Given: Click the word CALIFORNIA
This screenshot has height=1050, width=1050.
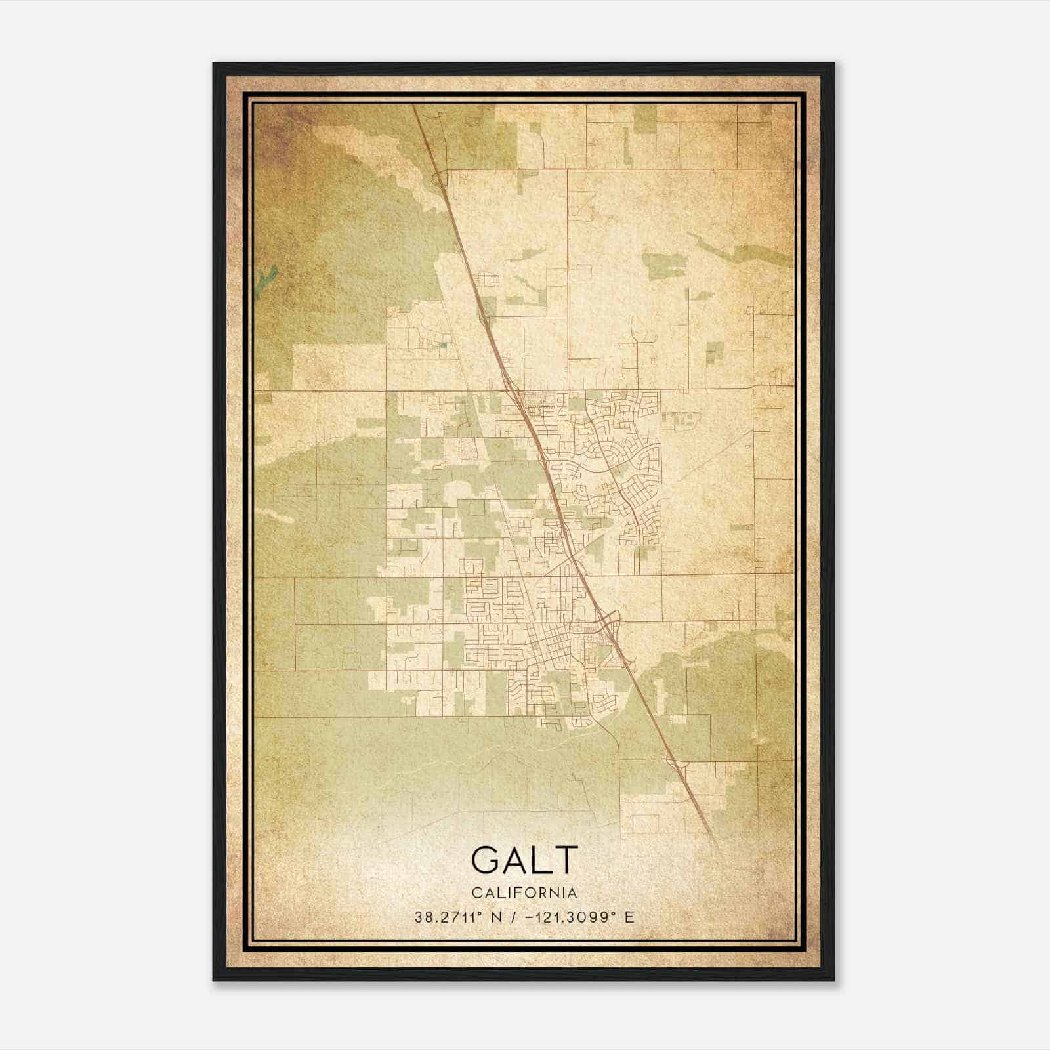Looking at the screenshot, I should pos(524,893).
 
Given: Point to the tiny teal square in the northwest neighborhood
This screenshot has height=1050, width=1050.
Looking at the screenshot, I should pos(443,342).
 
